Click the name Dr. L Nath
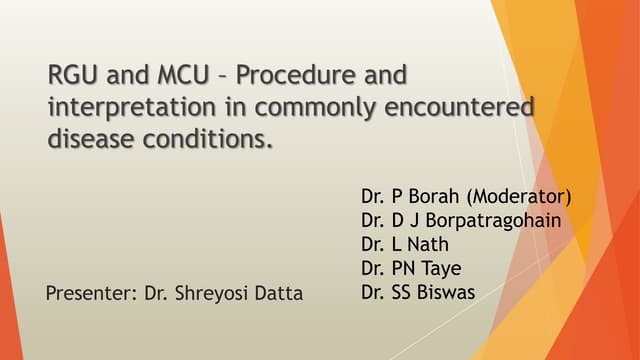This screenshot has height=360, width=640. point(405,244)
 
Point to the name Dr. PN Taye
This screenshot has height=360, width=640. point(412,268)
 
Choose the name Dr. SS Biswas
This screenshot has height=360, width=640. point(418,293)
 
